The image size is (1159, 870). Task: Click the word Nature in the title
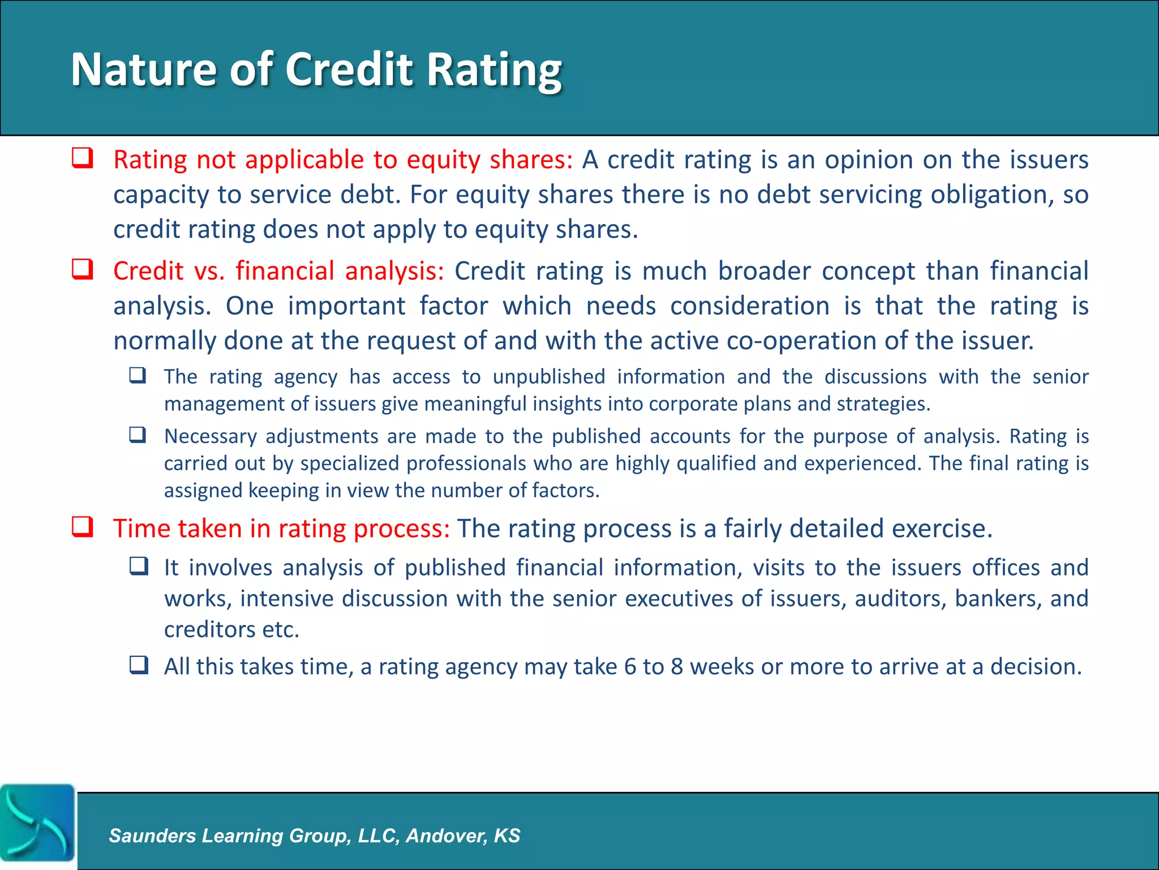pos(143,69)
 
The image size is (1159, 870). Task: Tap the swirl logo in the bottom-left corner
pos(37,822)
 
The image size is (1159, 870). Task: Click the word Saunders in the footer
pos(152,835)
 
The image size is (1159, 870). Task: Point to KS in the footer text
pos(506,835)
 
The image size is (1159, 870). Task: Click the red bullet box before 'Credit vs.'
pos(83,269)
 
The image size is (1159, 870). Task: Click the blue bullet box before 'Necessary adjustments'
pos(138,435)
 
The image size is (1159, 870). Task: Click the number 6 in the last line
pos(630,667)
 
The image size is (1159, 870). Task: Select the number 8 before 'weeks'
pos(677,667)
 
